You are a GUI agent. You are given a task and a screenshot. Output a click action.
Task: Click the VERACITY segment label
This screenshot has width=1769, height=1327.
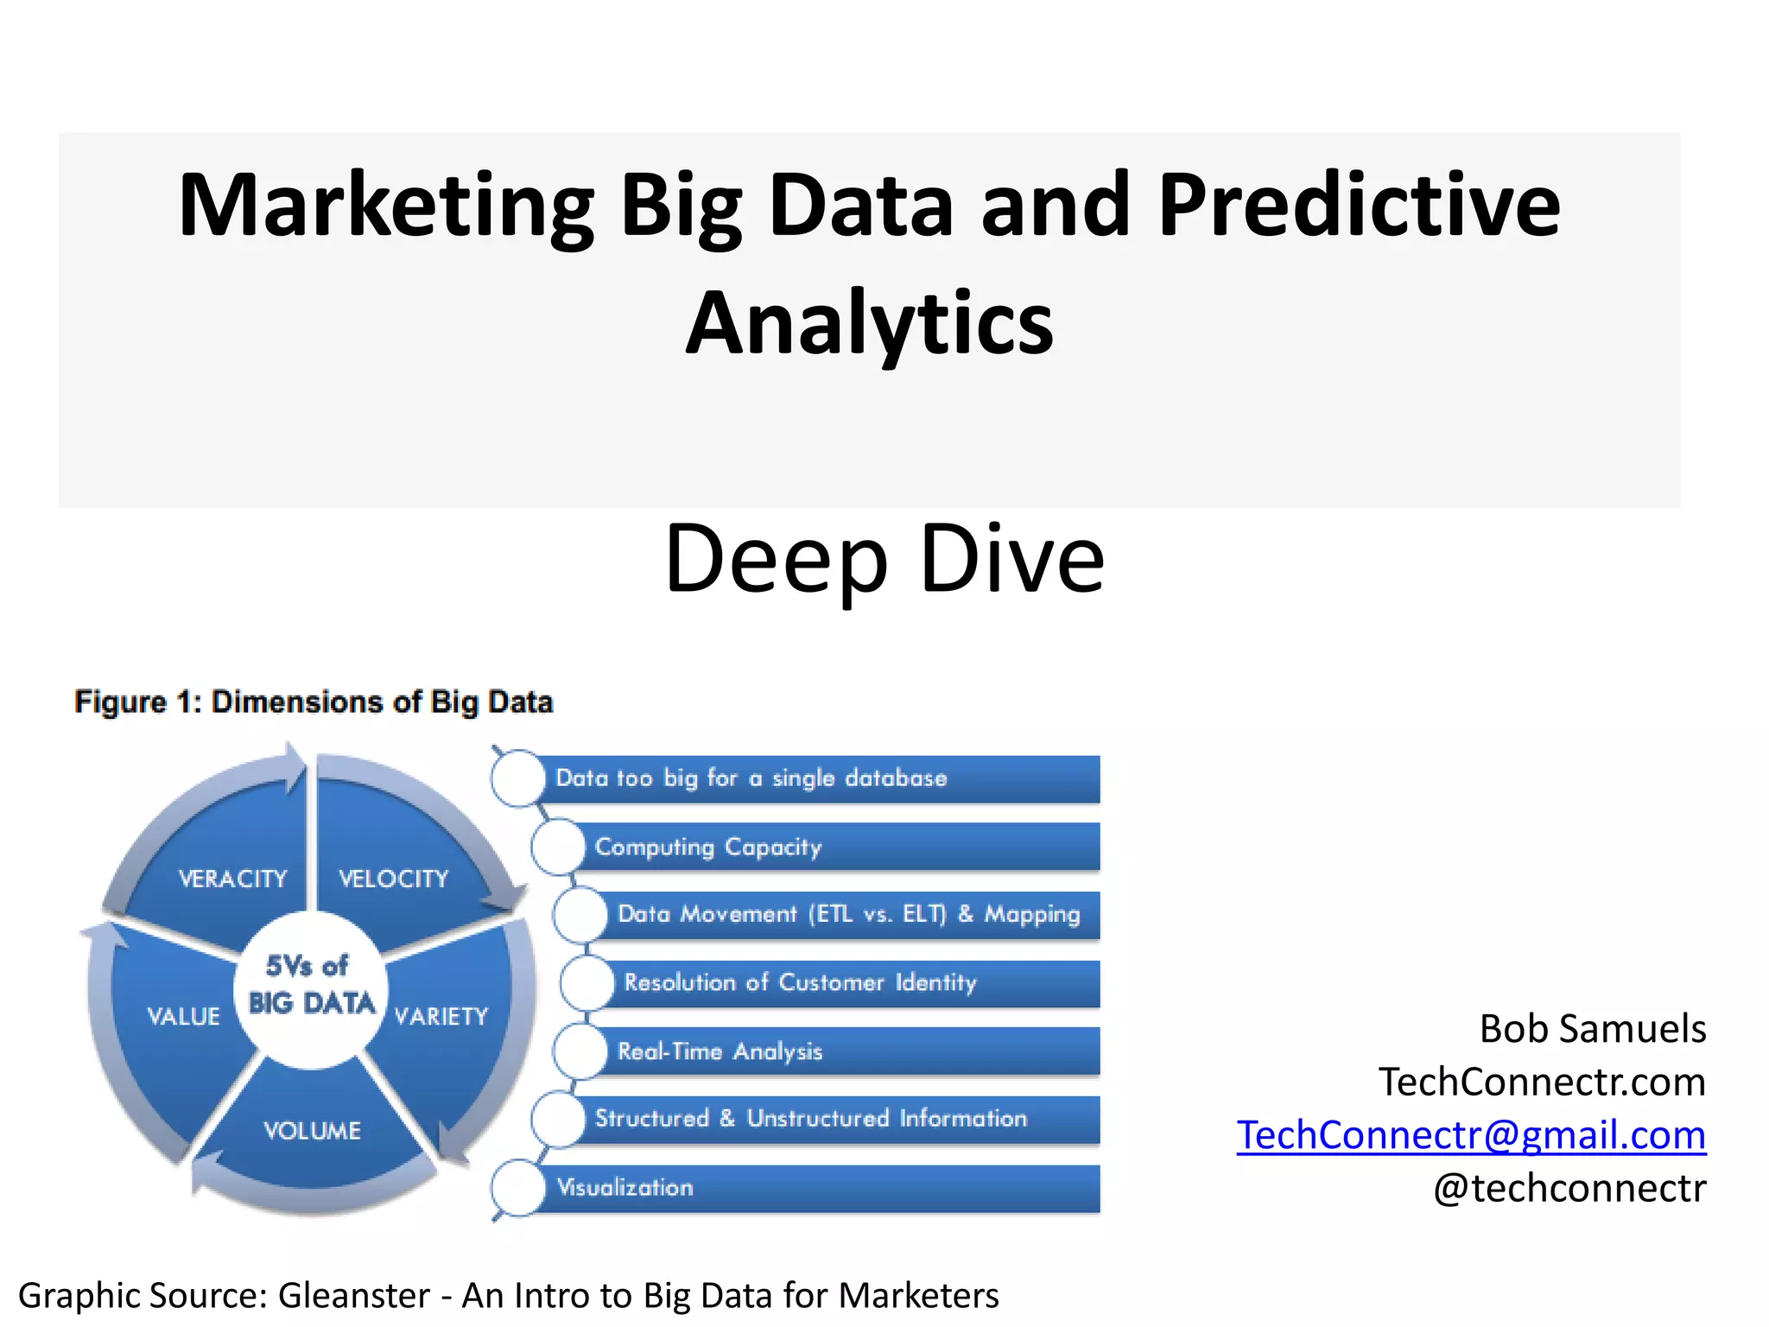(232, 879)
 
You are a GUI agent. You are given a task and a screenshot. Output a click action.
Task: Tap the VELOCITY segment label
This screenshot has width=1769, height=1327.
(394, 879)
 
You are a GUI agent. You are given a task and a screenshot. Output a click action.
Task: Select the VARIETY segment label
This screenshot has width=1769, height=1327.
(441, 1016)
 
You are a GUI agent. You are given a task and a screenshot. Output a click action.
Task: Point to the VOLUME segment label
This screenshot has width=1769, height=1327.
(312, 1130)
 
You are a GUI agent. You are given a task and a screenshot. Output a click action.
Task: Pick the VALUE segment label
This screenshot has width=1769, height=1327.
(183, 1016)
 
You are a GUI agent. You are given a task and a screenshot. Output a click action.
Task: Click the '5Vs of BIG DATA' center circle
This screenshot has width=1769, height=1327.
(311, 985)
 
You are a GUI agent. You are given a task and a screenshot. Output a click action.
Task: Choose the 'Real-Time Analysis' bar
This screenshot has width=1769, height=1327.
(846, 1051)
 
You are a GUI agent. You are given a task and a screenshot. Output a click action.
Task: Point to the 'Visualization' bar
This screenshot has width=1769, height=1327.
(812, 1188)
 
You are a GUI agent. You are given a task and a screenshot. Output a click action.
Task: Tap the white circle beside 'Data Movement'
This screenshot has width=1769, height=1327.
(580, 915)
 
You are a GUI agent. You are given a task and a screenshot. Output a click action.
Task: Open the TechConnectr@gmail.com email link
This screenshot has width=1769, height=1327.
(1471, 1134)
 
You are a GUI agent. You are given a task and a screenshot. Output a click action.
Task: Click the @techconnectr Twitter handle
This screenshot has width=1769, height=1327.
(1569, 1188)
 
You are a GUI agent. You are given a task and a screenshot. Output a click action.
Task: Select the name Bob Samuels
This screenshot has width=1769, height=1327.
(1593, 1028)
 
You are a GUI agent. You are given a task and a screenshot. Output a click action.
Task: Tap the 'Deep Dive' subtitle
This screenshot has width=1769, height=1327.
(884, 559)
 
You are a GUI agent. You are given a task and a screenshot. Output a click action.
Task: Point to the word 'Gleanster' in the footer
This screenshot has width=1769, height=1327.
(354, 1295)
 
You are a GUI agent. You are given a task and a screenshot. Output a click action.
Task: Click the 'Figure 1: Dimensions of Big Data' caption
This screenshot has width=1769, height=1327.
(314, 702)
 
